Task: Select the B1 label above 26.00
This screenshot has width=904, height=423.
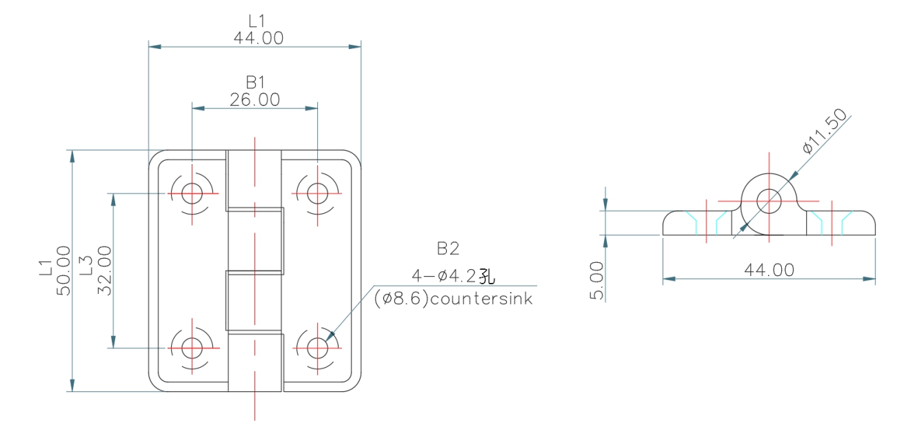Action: pos(256,82)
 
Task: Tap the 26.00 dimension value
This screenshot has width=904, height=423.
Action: pos(255,100)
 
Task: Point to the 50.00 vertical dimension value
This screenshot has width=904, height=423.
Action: pos(63,270)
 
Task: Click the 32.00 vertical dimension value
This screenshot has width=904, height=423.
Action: pos(104,270)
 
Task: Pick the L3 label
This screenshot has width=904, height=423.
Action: pos(86,266)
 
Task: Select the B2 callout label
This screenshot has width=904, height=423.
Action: pos(448,248)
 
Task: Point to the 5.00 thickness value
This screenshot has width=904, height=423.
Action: pos(597,280)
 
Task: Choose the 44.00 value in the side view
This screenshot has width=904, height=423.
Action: pos(768,270)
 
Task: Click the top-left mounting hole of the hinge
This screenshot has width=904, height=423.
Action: pos(192,193)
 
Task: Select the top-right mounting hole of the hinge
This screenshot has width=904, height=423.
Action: pos(317,193)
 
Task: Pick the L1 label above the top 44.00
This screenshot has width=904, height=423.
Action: pos(257,21)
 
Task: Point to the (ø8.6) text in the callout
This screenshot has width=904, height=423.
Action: pos(396,299)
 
